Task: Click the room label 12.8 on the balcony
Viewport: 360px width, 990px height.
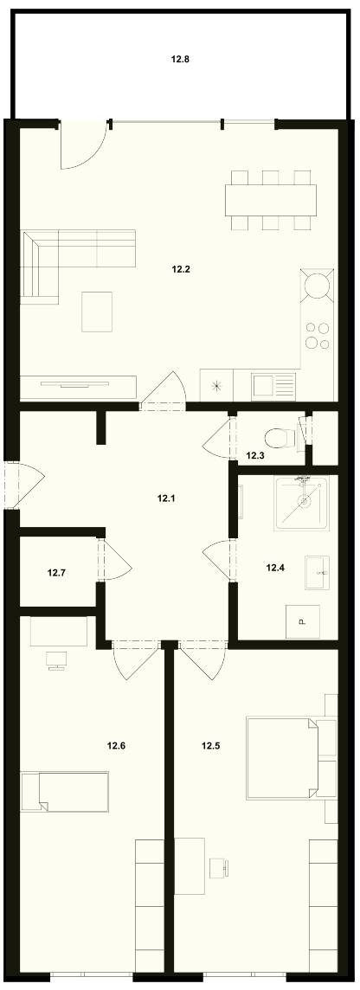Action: tap(181, 60)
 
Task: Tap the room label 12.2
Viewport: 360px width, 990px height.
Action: tap(181, 269)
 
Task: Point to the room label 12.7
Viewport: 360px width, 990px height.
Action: tap(57, 573)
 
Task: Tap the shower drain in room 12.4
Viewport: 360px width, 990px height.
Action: tap(305, 503)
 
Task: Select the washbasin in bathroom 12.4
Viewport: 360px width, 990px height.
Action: tap(317, 573)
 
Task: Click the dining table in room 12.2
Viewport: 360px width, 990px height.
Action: tap(271, 200)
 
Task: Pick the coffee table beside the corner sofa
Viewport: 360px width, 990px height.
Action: tap(97, 312)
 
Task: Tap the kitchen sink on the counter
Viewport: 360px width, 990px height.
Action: tap(273, 384)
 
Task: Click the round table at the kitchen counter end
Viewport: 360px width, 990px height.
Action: tap(318, 286)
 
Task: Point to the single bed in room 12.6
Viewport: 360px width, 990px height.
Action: tap(64, 791)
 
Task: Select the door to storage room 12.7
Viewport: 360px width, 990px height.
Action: tap(113, 560)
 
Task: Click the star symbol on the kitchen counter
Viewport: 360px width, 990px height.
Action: tap(217, 386)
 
